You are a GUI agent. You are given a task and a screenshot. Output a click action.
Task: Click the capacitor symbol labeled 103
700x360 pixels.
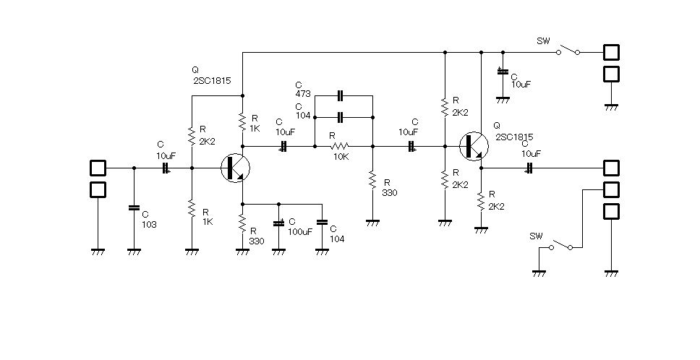click(x=134, y=208)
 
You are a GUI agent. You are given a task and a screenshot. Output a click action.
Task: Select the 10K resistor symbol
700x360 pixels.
click(x=340, y=146)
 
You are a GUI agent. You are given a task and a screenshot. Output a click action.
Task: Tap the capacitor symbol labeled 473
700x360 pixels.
click(x=340, y=95)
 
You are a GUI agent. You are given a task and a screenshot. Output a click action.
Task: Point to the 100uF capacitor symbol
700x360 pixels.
click(x=278, y=222)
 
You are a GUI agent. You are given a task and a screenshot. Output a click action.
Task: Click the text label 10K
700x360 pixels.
click(x=341, y=157)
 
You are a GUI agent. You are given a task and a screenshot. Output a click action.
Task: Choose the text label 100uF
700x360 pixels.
click(x=300, y=231)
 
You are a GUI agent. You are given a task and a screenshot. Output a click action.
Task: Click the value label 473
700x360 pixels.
click(x=303, y=94)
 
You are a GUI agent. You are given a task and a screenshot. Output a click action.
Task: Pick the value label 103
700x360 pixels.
click(x=149, y=225)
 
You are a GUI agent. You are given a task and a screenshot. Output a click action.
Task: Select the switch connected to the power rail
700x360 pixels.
click(x=568, y=50)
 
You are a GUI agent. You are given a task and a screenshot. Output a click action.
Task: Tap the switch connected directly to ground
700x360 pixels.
click(x=560, y=245)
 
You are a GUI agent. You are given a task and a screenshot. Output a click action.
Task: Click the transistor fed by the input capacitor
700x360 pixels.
click(x=235, y=168)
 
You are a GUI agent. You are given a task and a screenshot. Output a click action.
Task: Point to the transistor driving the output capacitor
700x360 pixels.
click(x=474, y=146)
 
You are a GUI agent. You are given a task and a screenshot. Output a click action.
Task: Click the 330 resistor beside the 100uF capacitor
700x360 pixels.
click(x=242, y=223)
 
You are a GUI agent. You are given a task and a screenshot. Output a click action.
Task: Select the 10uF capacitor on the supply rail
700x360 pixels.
click(x=503, y=71)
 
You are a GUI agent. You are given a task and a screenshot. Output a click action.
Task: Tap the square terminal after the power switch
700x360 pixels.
click(x=611, y=52)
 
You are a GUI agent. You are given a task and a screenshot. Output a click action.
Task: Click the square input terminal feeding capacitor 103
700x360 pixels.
click(x=98, y=168)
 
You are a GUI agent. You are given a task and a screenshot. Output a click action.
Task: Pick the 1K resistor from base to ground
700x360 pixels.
click(x=192, y=209)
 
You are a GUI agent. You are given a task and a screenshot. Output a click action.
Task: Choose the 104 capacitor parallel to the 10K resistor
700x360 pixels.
click(x=340, y=117)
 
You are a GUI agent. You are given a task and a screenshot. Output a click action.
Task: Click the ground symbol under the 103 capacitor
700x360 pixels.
click(x=134, y=252)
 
